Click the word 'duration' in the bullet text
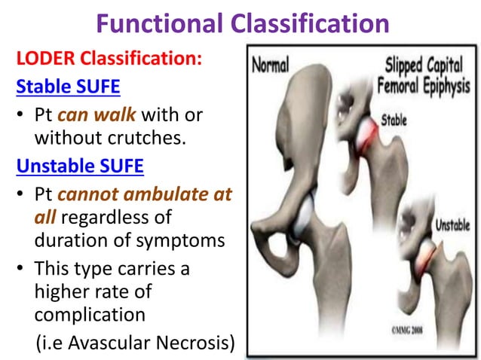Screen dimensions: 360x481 [68, 242]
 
